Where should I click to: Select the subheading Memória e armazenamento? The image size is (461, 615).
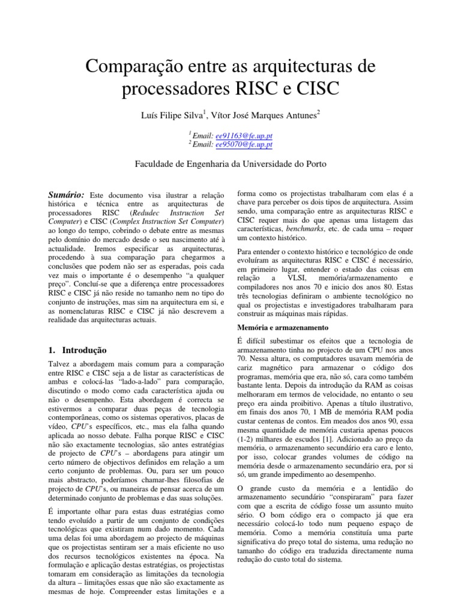pos(283,328)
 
